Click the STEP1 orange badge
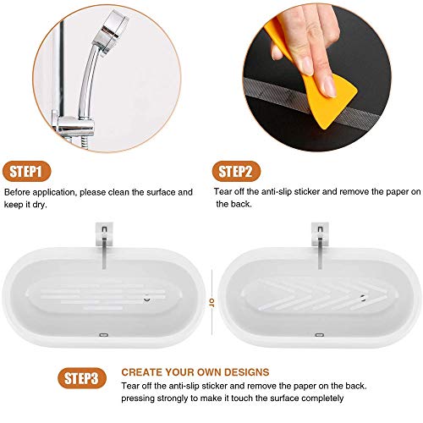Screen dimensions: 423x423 point(27,171)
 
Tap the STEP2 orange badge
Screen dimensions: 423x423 point(236,171)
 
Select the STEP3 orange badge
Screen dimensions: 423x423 point(82,378)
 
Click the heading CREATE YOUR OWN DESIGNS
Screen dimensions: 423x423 point(195,372)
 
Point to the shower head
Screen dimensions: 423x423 point(111,32)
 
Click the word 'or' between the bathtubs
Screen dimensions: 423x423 point(211,303)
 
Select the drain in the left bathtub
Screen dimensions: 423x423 point(146,299)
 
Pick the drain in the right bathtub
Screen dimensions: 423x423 point(363,298)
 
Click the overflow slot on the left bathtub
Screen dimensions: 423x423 point(104,335)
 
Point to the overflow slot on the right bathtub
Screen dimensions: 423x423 point(319,335)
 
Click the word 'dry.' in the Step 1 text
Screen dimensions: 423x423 point(40,205)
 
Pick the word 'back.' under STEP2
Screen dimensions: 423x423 point(241,204)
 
